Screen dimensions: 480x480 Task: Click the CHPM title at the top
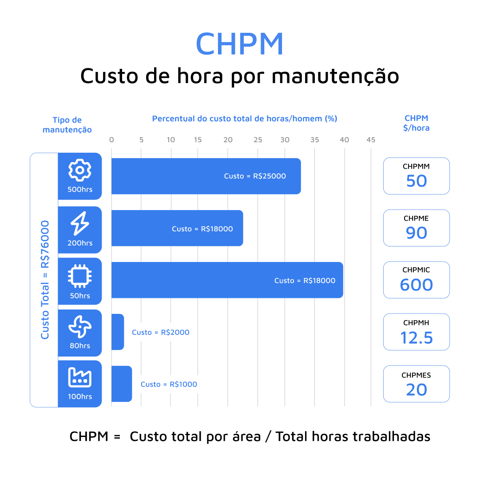coord(239,44)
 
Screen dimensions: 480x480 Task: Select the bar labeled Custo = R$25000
coord(206,176)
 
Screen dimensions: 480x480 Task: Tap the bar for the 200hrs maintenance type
coord(177,228)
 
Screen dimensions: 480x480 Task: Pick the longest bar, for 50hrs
coord(226,280)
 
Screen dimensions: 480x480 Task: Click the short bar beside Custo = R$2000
coord(118,332)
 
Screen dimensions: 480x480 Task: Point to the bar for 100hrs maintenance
coord(122,384)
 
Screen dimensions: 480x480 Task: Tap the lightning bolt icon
coord(80,223)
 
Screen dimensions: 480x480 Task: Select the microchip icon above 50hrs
coord(80,276)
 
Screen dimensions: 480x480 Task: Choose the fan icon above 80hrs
coord(80,327)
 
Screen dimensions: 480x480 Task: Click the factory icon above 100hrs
coord(80,377)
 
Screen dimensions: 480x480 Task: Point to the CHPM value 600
coord(416,285)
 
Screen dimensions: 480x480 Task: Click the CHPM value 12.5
coord(416,337)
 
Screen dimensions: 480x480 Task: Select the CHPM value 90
coord(416,233)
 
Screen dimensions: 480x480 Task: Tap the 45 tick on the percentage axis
coord(371,140)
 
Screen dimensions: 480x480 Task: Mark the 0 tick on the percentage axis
coord(111,140)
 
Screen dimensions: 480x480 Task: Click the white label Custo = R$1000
coord(169,384)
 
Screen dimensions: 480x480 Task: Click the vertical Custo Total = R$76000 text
coord(45,280)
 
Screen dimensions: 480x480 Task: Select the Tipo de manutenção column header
coord(67,125)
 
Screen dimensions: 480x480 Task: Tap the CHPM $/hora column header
coord(417,123)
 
